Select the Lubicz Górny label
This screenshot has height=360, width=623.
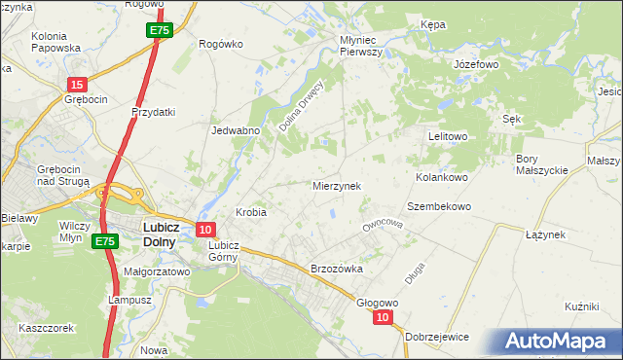coord(223,251)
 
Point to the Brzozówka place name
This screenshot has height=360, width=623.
coord(336,269)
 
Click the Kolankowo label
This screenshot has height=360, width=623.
coord(443,178)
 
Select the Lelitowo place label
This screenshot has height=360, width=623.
coord(449,137)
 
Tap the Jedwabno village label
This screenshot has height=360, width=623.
coord(235,129)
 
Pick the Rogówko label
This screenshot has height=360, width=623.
coord(219,44)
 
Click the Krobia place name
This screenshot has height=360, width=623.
coord(251,211)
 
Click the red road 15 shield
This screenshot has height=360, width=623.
coord(78,86)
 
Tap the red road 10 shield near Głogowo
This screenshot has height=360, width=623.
coord(384,317)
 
